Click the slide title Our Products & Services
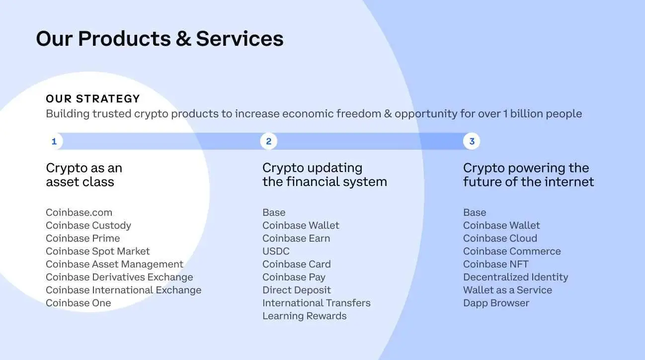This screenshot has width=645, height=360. (160, 39)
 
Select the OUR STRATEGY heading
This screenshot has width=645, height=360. (93, 99)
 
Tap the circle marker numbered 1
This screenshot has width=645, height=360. (54, 141)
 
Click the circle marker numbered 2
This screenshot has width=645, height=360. (269, 141)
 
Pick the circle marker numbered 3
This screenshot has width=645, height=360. (472, 141)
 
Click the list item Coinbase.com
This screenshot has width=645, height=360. (79, 212)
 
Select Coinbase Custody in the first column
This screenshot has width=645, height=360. (88, 225)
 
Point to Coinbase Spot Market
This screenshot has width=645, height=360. (97, 251)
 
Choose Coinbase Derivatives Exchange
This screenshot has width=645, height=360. (119, 277)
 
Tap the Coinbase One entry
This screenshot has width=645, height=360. (79, 303)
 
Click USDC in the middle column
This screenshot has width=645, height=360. (276, 251)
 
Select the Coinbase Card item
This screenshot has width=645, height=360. (297, 265)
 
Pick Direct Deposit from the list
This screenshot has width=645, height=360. (297, 290)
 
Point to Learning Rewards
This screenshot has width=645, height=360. (304, 316)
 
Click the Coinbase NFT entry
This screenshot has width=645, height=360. (496, 265)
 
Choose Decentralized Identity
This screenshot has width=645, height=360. (516, 277)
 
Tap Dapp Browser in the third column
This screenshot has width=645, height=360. (496, 303)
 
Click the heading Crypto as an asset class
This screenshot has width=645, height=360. (84, 175)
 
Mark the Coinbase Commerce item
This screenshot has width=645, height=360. (512, 251)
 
